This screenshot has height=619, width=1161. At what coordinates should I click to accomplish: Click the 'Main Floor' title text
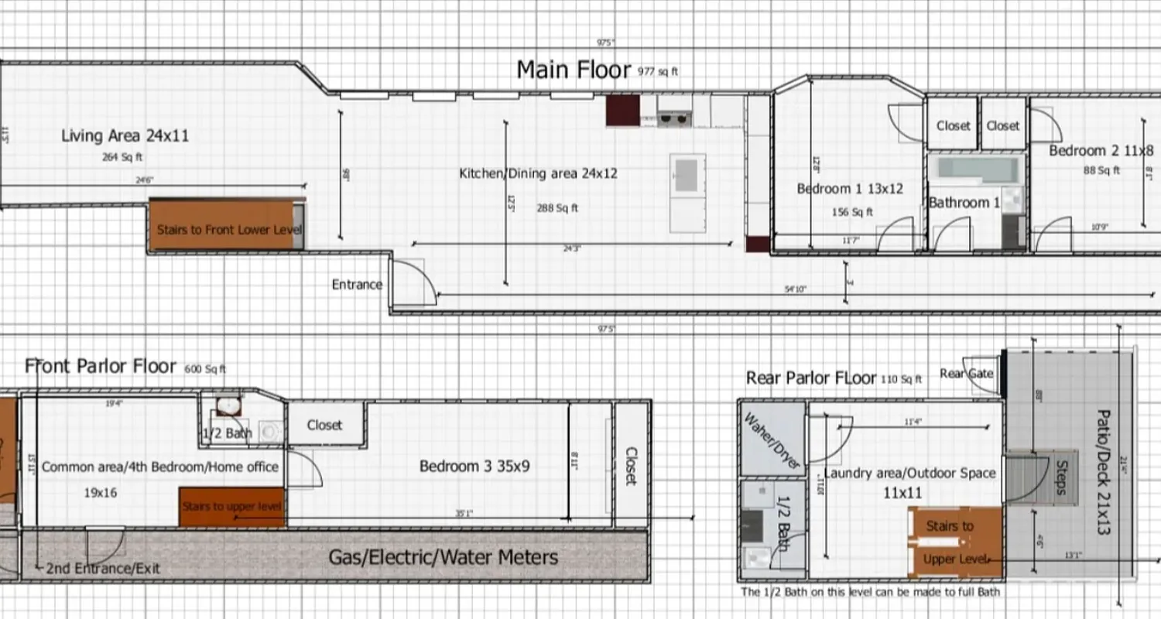point(574,70)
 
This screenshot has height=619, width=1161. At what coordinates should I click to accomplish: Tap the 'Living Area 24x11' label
point(125,136)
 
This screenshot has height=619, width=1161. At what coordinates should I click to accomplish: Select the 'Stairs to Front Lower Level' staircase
point(229,229)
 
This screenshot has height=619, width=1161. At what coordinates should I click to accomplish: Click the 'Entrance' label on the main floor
point(357,284)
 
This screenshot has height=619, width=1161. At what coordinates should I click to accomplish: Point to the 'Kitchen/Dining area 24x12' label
point(538,173)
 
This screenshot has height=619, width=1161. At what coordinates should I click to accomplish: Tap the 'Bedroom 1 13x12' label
point(850,189)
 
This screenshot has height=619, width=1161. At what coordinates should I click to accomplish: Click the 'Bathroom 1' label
point(964,203)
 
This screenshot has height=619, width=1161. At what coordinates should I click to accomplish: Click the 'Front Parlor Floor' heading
point(101,366)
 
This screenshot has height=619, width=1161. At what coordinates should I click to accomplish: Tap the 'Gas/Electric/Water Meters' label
point(443,557)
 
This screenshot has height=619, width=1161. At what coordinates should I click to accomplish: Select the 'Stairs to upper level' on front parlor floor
point(231,508)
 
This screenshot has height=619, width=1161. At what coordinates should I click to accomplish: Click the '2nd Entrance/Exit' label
point(102,569)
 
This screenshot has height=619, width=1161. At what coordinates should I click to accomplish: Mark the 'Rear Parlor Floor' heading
point(810,378)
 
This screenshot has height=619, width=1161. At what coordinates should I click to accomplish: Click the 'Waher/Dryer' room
point(772,439)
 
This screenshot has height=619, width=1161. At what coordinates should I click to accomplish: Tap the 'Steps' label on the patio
point(1061,477)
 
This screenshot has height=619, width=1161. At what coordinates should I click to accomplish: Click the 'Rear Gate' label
point(966,374)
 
